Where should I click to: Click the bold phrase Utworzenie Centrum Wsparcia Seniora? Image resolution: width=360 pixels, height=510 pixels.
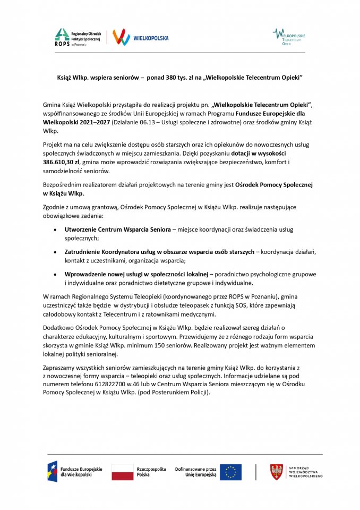[x=117, y=229]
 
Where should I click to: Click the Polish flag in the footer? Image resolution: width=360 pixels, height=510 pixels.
[x=122, y=472]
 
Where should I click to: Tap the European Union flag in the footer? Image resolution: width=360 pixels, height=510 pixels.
[x=230, y=472]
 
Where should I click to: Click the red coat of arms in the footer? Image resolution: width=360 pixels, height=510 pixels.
[x=276, y=472]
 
